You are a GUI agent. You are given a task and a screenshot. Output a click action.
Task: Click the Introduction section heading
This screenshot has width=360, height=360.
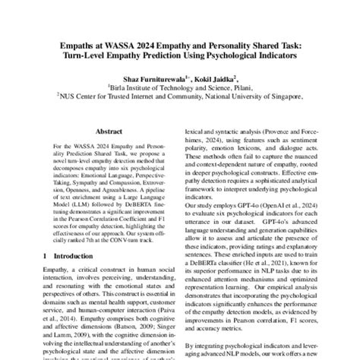(68, 259)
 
